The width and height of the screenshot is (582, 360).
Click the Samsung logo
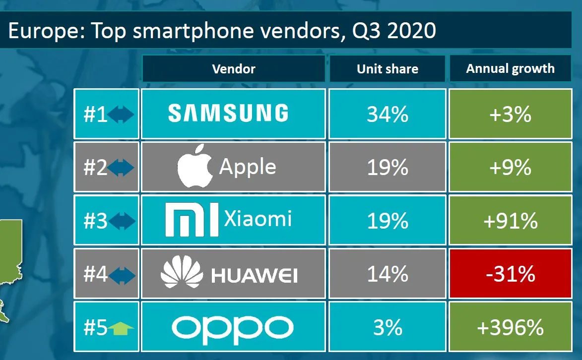tap(228, 113)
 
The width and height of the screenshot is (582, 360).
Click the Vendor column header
tap(234, 69)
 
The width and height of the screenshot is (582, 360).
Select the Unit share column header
tap(388, 69)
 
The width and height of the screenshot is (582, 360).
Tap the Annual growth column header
tap(510, 68)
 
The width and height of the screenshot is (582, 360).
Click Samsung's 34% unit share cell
tap(388, 114)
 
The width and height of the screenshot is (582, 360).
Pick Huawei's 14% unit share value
tap(388, 274)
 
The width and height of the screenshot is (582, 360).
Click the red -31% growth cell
tap(510, 274)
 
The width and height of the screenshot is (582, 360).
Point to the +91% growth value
tap(510, 221)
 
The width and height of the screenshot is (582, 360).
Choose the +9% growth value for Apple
tap(510, 168)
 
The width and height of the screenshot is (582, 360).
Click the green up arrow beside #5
tap(121, 328)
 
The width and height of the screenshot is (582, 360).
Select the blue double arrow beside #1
tap(122, 115)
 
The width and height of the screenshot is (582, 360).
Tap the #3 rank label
tap(95, 221)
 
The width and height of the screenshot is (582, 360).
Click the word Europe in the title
tap(42, 31)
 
